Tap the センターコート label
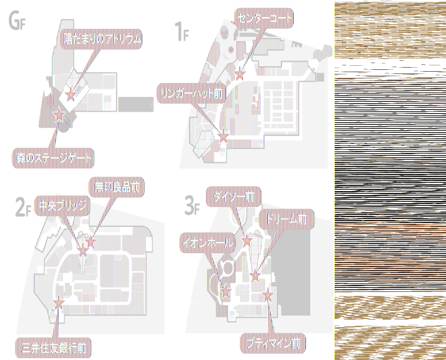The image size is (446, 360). coord(264,18)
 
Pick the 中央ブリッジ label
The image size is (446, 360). coord(63,206)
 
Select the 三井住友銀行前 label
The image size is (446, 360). coord(54,347)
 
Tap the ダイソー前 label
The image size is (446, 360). coord(234,196)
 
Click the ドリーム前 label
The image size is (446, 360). coord(286,219)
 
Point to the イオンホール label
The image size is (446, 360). coord(208,243)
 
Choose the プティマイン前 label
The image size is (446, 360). coord(273,345)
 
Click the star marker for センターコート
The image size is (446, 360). coord(240,73)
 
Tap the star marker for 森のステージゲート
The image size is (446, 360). coord(58,116)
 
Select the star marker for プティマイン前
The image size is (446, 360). coord(269,296)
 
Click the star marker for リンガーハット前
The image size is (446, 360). coord(223,134)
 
